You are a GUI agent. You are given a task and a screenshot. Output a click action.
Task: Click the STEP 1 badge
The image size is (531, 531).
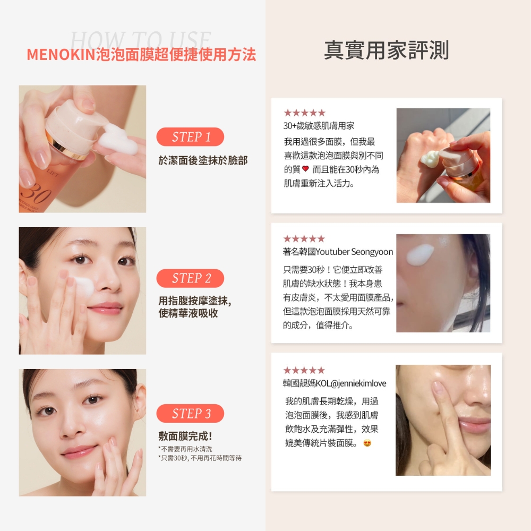point(190,137)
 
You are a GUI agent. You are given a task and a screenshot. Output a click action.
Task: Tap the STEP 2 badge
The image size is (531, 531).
point(190,278)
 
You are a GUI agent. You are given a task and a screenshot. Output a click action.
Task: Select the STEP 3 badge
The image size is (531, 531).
point(190,413)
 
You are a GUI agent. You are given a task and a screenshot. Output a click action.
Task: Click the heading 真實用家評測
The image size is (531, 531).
point(387,50)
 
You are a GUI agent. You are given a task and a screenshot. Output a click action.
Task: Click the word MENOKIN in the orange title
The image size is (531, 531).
point(61,55)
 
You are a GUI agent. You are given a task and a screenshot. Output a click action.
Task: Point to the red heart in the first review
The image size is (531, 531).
point(305,168)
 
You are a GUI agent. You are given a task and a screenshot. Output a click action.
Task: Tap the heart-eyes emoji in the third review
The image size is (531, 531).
point(367,443)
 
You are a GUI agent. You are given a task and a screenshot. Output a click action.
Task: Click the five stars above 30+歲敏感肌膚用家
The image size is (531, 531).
point(304,113)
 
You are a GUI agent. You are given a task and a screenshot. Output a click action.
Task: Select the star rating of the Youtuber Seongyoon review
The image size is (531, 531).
point(304,239)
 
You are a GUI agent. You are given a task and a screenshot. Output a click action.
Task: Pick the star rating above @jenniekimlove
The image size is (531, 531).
point(304,370)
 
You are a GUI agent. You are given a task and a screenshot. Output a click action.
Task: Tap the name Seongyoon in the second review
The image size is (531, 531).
point(372,252)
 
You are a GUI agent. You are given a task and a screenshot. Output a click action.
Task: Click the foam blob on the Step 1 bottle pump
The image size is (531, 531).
point(120,140)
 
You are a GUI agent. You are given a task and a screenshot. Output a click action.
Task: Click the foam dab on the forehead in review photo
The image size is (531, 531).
point(420,254)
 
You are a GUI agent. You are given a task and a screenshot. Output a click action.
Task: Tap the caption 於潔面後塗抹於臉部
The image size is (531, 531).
point(203,160)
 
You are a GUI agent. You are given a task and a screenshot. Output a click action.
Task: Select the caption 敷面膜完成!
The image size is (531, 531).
point(185,436)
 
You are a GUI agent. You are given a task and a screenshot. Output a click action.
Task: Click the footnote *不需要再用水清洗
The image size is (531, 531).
point(185,449)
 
